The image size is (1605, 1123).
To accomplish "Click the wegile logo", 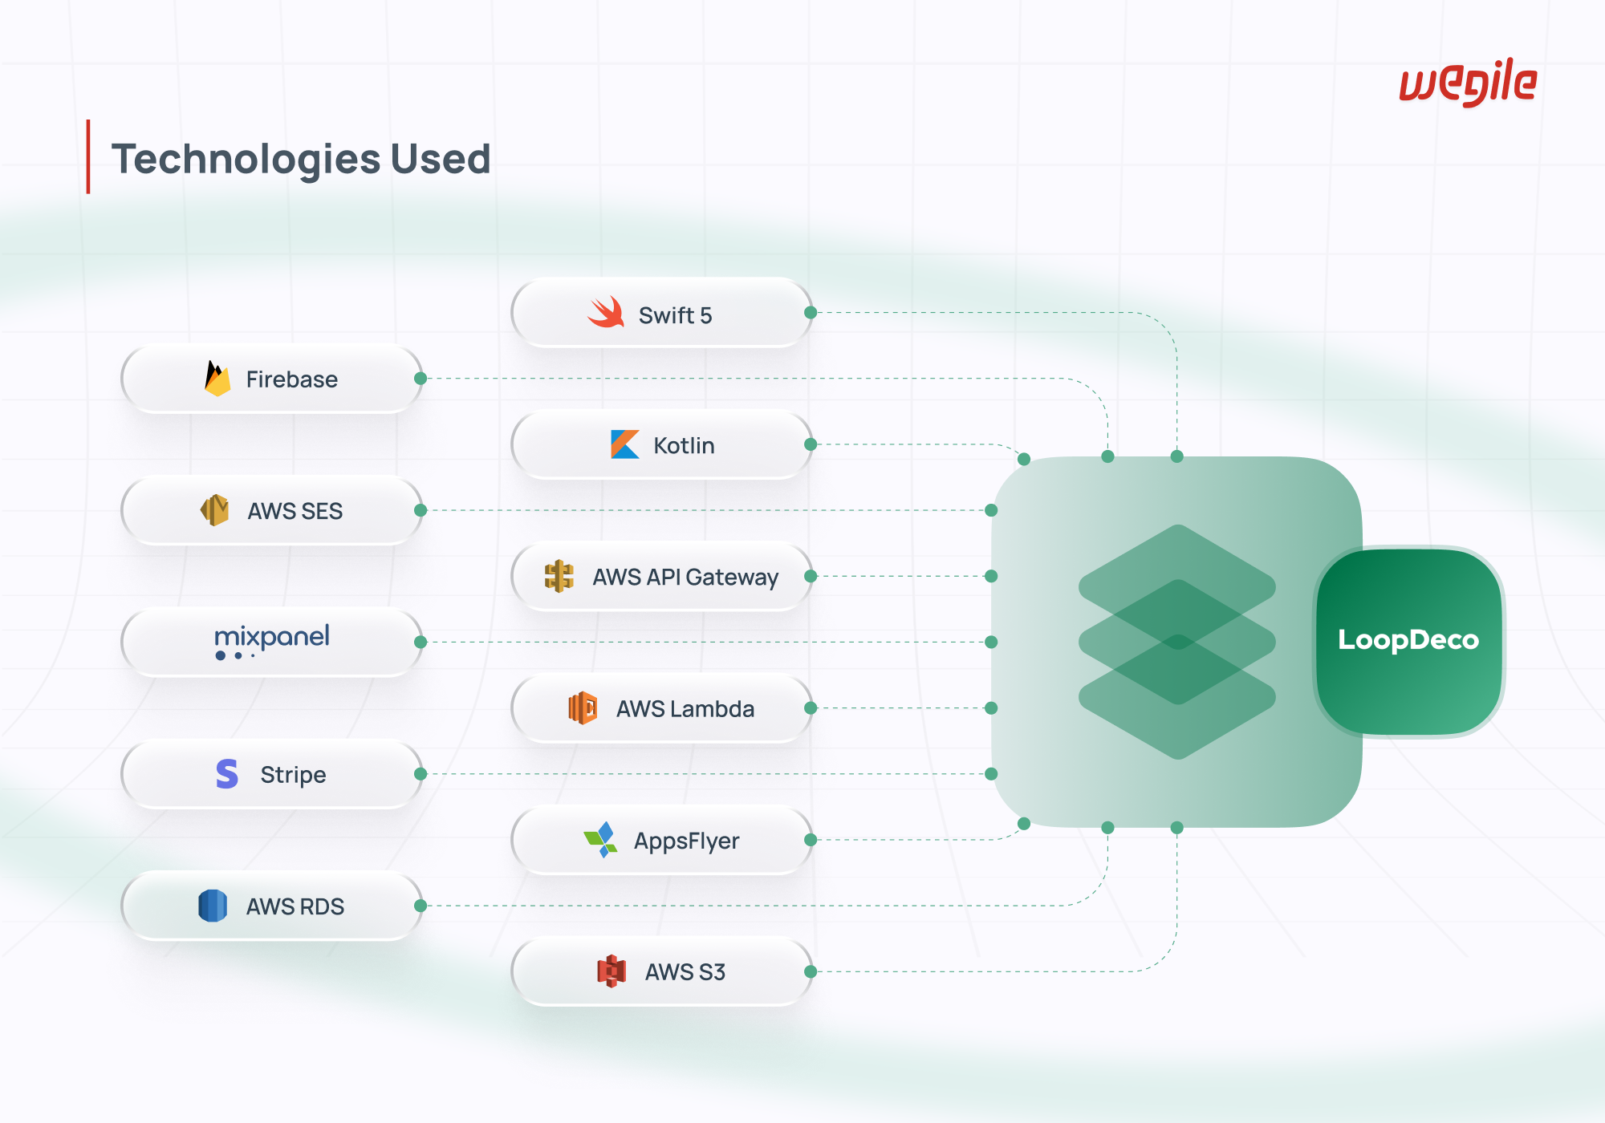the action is [x=1468, y=82].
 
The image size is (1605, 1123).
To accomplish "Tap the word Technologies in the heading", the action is [x=246, y=160].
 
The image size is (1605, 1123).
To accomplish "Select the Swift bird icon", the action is [x=606, y=312].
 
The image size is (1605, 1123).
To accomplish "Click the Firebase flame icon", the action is [x=217, y=379].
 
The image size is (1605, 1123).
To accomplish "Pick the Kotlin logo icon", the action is [x=625, y=444].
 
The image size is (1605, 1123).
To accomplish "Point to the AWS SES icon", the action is [x=214, y=510].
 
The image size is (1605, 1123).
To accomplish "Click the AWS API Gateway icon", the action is [x=559, y=577].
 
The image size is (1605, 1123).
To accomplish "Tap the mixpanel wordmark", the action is [x=272, y=640].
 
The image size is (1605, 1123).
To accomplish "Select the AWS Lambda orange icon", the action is [x=583, y=708].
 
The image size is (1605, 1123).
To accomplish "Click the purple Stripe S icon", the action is [x=227, y=774].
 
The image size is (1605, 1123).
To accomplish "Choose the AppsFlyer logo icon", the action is [x=601, y=840].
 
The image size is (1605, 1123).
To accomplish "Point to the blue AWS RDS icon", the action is [x=213, y=906].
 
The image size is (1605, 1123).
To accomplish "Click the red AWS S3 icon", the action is [x=612, y=971].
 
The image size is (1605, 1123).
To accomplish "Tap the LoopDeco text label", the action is [x=1408, y=640].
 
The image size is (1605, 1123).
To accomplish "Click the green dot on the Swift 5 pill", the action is [x=811, y=313].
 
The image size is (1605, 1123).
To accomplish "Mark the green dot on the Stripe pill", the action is [x=421, y=774].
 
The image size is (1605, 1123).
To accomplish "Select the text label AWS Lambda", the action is [x=685, y=709].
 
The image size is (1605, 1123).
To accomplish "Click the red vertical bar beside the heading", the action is [x=88, y=157].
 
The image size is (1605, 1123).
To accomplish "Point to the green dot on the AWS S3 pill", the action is [x=811, y=971].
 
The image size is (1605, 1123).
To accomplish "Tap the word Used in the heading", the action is [x=441, y=159].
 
